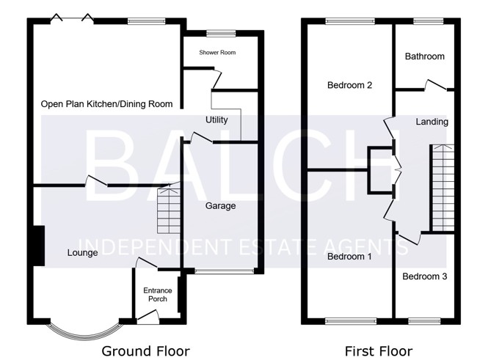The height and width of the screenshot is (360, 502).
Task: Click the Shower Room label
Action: tap(217, 53)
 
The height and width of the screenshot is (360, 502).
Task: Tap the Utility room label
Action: tap(217, 120)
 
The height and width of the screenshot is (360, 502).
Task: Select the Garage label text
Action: tap(221, 206)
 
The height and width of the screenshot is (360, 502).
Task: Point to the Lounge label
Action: tap(83, 253)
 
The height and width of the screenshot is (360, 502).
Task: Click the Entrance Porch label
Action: tap(158, 295)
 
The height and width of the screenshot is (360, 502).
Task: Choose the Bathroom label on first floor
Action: tap(425, 56)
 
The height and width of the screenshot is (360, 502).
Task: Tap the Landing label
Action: tap(432, 122)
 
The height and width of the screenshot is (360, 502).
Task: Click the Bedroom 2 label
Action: tap(349, 85)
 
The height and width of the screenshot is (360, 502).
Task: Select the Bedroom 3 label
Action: tap(425, 276)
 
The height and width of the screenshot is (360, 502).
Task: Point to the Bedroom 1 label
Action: tap(349, 257)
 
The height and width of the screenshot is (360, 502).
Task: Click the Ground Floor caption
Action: tap(145, 351)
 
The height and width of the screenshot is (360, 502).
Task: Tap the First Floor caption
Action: tap(379, 351)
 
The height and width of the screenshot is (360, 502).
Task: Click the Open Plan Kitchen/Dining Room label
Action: tap(106, 104)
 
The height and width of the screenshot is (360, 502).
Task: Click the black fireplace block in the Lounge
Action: tap(39, 246)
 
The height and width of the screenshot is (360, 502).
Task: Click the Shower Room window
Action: tap(221, 33)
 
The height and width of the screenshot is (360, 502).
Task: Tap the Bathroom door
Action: tap(435, 85)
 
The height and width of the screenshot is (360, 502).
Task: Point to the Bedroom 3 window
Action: tap(424, 320)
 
